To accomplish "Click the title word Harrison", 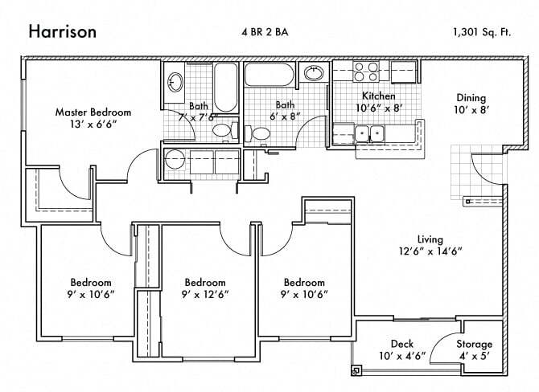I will coord(64,32).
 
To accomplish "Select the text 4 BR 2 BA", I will coord(269,32).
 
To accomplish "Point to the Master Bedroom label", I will coord(93,112).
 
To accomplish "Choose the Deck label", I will coord(401,344).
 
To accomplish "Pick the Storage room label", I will coord(474,344).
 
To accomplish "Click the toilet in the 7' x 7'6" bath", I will coord(221,130).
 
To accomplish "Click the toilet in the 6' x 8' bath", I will coord(259,133).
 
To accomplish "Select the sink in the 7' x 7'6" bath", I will coord(175,82).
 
